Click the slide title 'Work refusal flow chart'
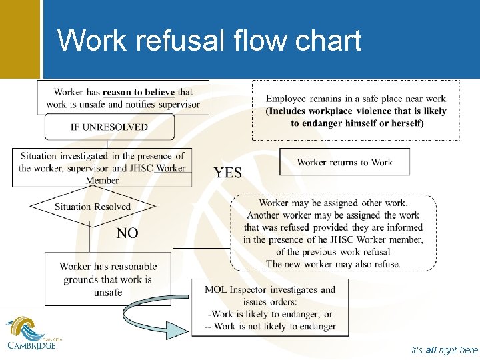pos(209,40)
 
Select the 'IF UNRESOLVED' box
pos(109,127)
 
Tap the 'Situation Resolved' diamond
pos(93,207)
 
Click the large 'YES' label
pos(228,173)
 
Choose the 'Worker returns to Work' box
pos(345,162)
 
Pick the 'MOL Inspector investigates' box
pos(269,307)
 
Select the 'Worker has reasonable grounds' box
pos(108,279)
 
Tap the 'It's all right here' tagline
pos(445,350)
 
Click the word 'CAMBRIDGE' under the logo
pos(32,345)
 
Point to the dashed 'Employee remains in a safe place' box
pos(356,111)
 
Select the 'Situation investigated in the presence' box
pos(102,168)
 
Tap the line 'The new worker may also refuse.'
pos(333,264)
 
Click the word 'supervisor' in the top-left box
pos(175,104)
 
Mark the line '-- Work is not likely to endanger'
pos(270,327)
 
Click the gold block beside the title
pos(20,39)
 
